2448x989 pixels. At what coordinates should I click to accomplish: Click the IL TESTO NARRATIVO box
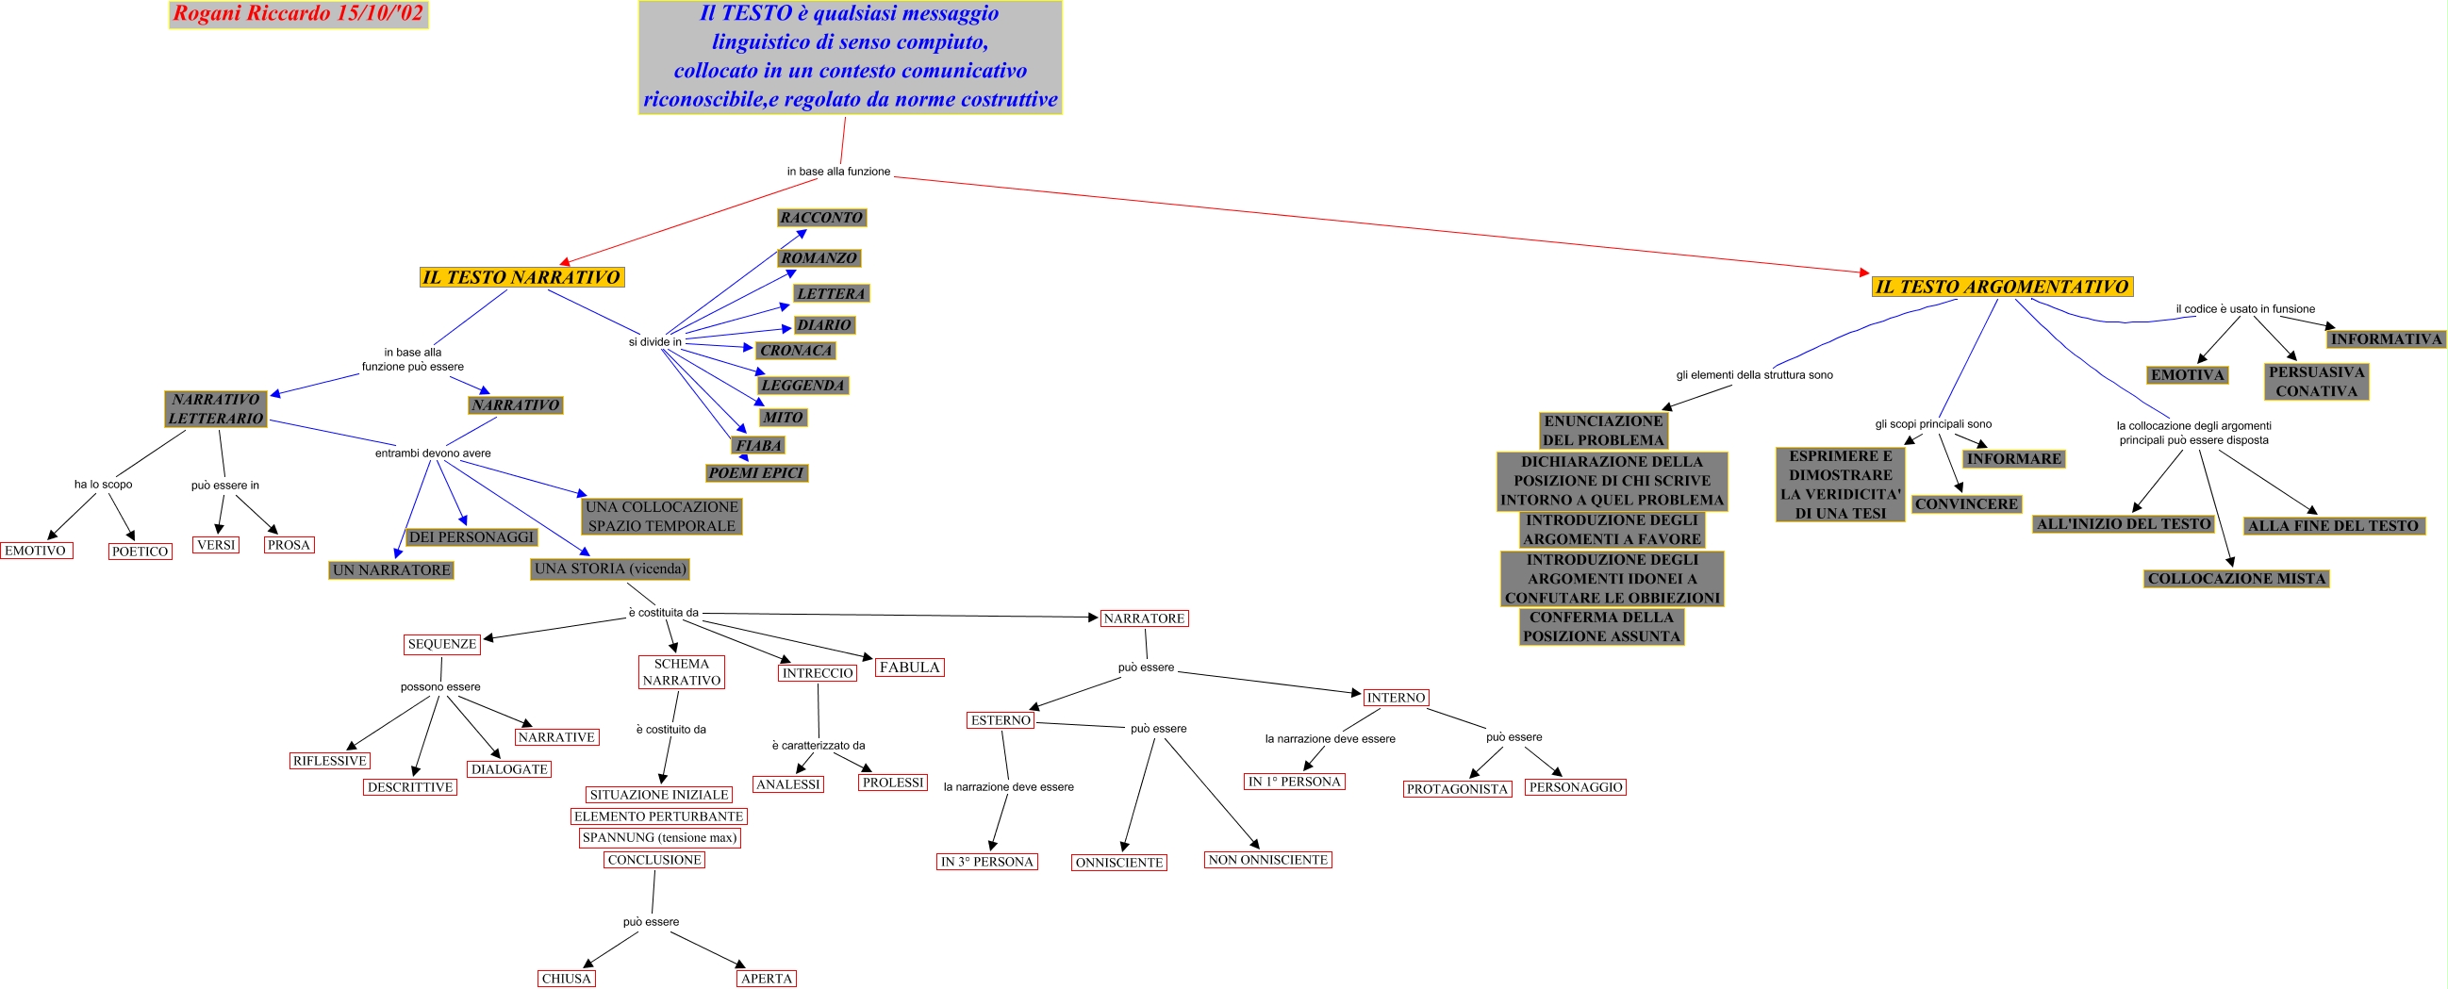pyautogui.click(x=521, y=277)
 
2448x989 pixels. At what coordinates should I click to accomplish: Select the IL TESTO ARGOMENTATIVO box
pyautogui.click(x=2001, y=287)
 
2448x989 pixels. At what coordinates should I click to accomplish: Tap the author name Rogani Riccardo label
pyautogui.click(x=298, y=14)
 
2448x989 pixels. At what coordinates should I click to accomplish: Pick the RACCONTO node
pyautogui.click(x=821, y=218)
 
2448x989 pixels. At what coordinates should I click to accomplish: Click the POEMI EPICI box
pyautogui.click(x=755, y=473)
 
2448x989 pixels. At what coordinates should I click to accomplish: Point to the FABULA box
pyautogui.click(x=908, y=667)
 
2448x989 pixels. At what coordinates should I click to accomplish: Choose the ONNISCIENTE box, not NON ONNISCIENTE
pyautogui.click(x=1118, y=863)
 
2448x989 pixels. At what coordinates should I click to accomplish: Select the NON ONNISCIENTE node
pyautogui.click(x=1267, y=860)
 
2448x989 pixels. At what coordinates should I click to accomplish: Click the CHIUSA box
pyautogui.click(x=567, y=979)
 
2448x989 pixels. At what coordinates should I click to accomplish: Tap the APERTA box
pyautogui.click(x=766, y=979)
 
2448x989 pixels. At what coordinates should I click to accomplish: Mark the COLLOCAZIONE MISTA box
pyautogui.click(x=2236, y=579)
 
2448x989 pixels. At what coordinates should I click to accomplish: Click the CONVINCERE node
pyautogui.click(x=1965, y=504)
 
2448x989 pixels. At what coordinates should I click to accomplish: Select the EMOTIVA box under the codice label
pyautogui.click(x=2188, y=375)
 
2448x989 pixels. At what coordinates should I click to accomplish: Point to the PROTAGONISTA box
pyautogui.click(x=1457, y=789)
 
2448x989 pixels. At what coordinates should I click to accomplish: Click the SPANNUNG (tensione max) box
pyautogui.click(x=659, y=838)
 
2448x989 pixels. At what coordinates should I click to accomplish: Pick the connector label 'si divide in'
pyautogui.click(x=654, y=342)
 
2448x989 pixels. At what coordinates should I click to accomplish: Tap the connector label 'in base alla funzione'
pyautogui.click(x=838, y=172)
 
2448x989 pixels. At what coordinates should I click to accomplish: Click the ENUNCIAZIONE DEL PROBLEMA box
pyautogui.click(x=1603, y=430)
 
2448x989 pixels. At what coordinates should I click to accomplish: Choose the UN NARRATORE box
pyautogui.click(x=391, y=570)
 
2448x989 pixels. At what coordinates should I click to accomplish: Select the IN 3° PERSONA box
pyautogui.click(x=986, y=862)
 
